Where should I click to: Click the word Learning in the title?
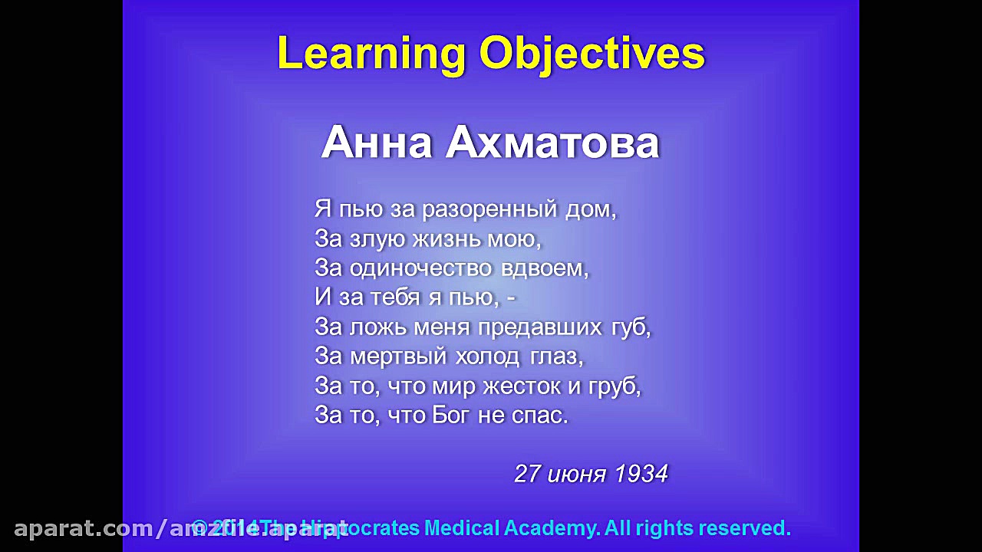pyautogui.click(x=371, y=54)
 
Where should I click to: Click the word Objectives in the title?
pyautogui.click(x=592, y=54)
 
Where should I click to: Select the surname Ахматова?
pyautogui.click(x=552, y=143)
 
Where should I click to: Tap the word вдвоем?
pyautogui.click(x=545, y=268)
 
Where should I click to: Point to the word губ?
pyautogui.click(x=631, y=327)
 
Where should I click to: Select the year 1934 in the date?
pyautogui.click(x=641, y=474)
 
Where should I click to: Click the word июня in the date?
pyautogui.click(x=577, y=474)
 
